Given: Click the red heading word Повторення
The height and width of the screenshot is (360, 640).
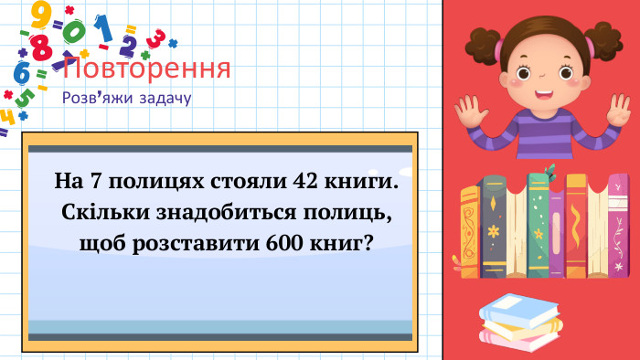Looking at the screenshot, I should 147,69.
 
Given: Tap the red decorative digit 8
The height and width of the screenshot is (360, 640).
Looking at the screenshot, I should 40,46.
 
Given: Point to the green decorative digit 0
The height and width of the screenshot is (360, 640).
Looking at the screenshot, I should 75,31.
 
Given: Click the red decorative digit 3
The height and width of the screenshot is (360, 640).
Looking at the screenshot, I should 156,38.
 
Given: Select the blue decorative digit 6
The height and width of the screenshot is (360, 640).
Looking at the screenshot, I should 21,72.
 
